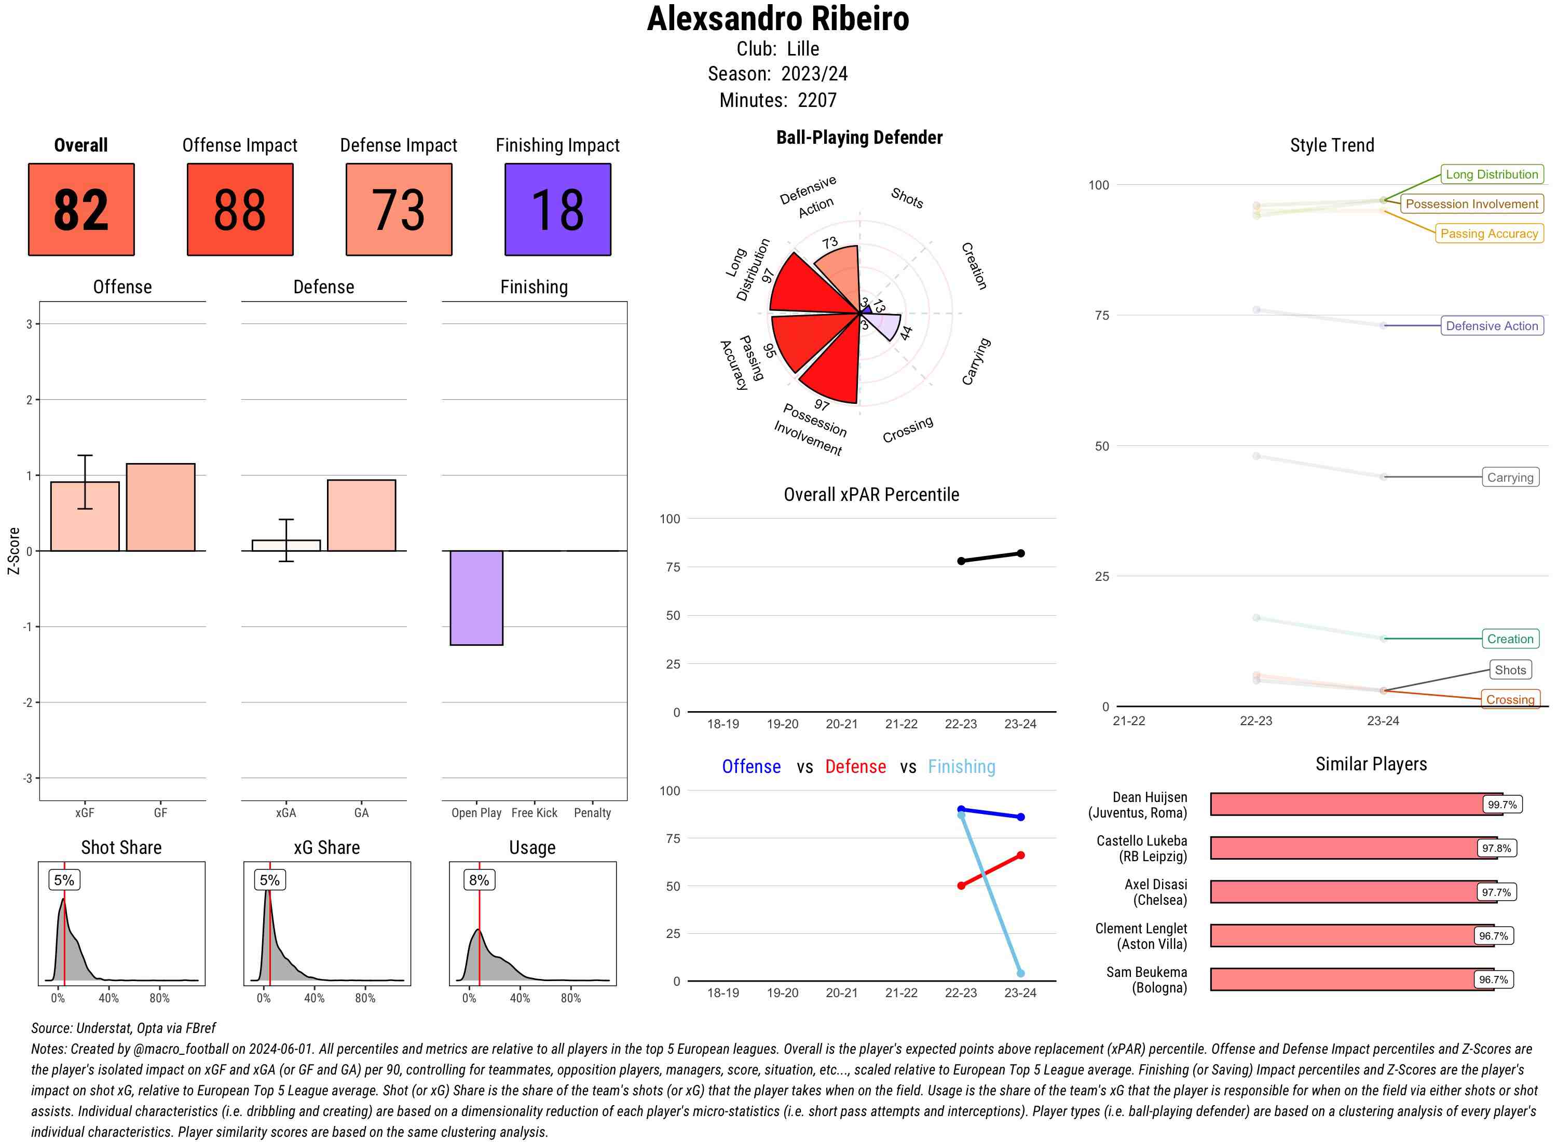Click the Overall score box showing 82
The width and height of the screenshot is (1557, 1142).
(81, 210)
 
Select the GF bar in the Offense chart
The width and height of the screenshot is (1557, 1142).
(160, 507)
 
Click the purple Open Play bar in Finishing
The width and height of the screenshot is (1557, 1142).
(476, 597)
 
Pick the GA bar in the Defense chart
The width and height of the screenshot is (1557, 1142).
(361, 515)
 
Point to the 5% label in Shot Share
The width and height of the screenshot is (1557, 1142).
(64, 880)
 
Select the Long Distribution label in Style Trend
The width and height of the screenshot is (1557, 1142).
(1492, 174)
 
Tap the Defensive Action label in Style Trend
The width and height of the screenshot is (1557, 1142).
(1492, 325)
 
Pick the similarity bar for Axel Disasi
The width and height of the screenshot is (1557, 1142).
(1344, 892)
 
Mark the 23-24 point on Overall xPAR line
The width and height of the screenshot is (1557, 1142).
(1021, 553)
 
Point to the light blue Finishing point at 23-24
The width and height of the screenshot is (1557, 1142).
(1021, 973)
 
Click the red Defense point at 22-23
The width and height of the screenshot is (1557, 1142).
(961, 886)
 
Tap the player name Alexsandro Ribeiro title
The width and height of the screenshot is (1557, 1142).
(778, 19)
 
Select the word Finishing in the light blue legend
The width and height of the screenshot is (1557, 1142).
(961, 767)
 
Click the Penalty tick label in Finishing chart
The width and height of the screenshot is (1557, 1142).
(592, 813)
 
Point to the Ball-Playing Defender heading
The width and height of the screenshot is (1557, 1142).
(859, 138)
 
